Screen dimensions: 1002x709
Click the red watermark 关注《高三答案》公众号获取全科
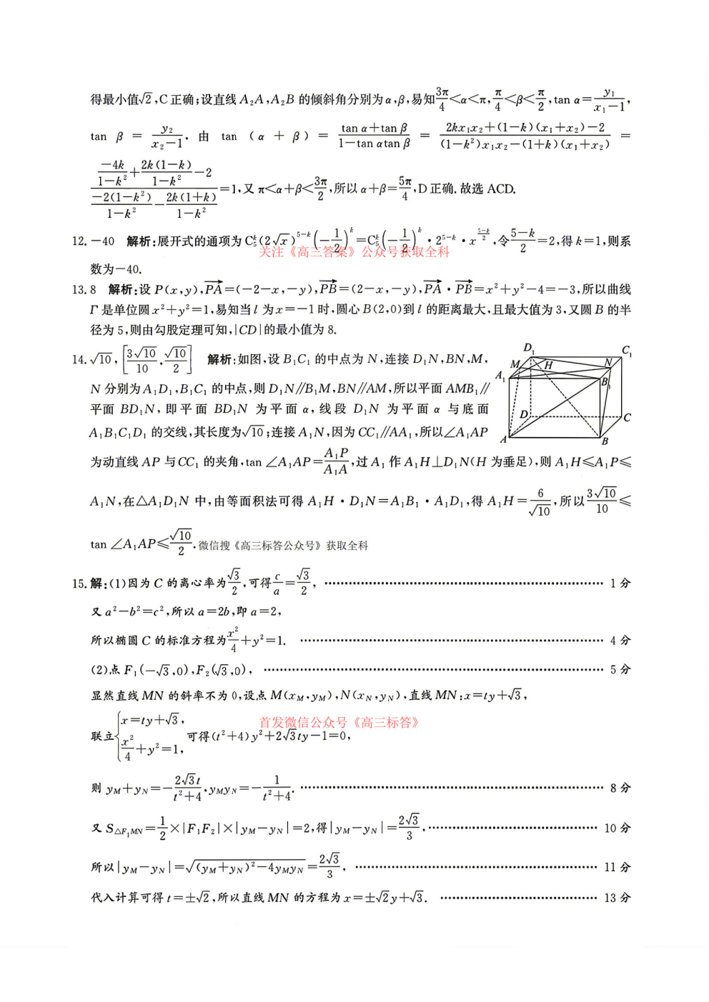(354, 251)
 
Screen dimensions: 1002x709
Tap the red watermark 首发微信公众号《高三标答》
(339, 722)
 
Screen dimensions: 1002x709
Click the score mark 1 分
(620, 583)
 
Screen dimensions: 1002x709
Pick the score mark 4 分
(620, 641)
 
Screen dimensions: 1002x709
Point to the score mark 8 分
(620, 788)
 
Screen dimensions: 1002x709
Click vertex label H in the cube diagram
(548, 365)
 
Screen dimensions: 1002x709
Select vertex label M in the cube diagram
(515, 364)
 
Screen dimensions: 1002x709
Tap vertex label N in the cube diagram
(608, 362)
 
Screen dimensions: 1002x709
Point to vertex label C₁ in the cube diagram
(627, 351)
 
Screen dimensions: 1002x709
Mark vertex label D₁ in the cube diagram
(529, 348)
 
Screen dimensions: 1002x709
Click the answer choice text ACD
(501, 189)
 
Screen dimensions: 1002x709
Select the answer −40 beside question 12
(103, 241)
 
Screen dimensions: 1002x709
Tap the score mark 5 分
(620, 670)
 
